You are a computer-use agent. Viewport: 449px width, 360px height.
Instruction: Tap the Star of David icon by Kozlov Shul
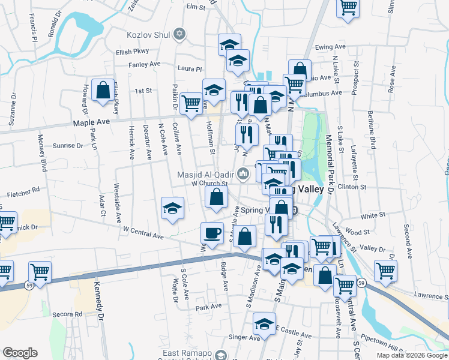tap(178, 34)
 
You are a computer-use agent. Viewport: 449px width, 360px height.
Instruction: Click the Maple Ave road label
tap(91, 122)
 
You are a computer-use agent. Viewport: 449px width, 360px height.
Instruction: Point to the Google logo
tap(20, 352)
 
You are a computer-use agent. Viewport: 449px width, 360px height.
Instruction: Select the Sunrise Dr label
tap(67, 146)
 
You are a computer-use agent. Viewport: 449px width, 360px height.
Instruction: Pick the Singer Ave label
tap(244, 338)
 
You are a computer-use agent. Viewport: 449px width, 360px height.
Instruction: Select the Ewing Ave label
tap(348, 47)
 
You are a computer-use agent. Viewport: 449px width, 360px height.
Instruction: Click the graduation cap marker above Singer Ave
tap(264, 324)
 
